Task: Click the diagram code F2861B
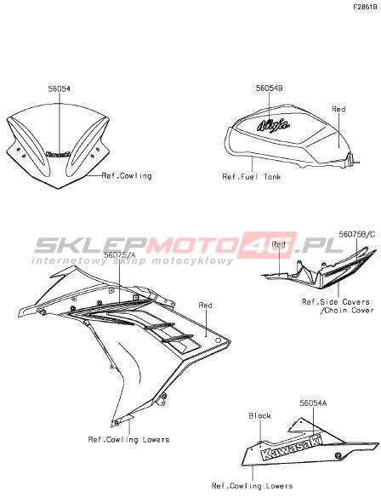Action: (x=365, y=7)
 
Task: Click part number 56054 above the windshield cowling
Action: (x=60, y=89)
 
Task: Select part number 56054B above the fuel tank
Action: (x=269, y=89)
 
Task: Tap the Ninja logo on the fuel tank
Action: (x=273, y=125)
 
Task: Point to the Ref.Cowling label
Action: (x=127, y=175)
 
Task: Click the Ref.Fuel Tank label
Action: (x=252, y=176)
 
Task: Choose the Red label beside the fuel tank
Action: (x=338, y=109)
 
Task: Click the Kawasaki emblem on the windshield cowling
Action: (x=58, y=154)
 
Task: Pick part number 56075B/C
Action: (x=357, y=234)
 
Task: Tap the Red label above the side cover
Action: (x=278, y=244)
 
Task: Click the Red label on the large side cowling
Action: (x=205, y=306)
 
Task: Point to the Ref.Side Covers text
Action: (x=336, y=302)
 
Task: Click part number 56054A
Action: (x=313, y=403)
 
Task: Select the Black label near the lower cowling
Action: (x=259, y=415)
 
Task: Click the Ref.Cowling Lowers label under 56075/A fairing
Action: (x=128, y=440)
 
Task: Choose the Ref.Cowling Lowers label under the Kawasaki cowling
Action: (x=252, y=486)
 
